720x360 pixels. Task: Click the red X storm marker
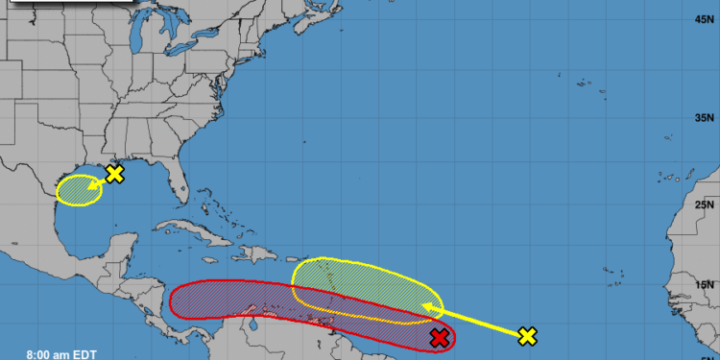tap(440, 337)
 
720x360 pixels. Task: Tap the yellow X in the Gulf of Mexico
tap(115, 174)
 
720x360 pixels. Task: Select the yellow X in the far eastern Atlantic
tap(527, 335)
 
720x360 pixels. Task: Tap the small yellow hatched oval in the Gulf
tap(79, 189)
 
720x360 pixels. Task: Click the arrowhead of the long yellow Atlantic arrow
tap(429, 309)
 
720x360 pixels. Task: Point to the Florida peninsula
tap(178, 182)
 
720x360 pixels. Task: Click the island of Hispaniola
tap(259, 254)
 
